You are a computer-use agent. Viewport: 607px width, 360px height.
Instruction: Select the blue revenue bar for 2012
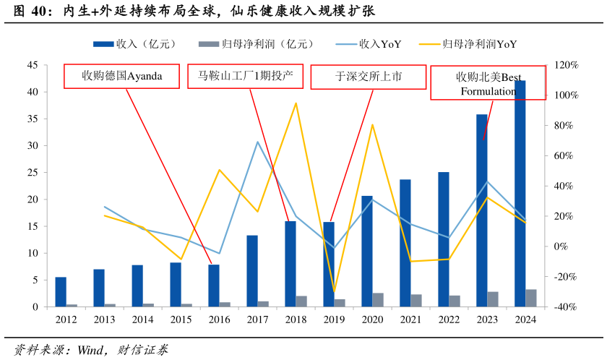(61, 292)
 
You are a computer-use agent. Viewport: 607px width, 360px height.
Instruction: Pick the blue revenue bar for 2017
(252, 271)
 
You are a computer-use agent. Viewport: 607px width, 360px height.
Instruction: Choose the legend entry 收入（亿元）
(134, 44)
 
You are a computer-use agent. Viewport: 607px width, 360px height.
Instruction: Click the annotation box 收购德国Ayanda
(121, 76)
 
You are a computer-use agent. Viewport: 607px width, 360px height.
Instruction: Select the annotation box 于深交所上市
(369, 76)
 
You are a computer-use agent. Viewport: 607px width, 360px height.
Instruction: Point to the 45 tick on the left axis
(33, 65)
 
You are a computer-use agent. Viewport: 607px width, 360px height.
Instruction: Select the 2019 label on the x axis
(334, 320)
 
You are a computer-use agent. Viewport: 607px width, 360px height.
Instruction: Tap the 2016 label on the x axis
(219, 320)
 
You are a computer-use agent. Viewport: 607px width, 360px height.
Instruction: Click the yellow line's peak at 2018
(296, 103)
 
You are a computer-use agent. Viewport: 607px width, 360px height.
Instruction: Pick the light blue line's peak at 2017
(257, 142)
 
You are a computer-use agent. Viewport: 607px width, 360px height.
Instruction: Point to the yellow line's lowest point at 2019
(334, 291)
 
